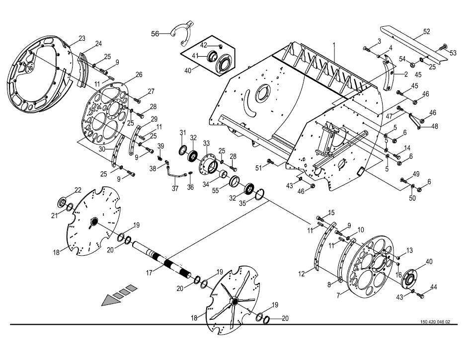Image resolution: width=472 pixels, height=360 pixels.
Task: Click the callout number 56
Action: (x=155, y=34)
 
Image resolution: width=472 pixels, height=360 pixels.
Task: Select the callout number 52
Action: (x=426, y=32)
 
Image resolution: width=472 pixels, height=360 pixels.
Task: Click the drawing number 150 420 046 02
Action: (x=435, y=322)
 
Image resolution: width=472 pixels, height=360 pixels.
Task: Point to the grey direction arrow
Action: (x=119, y=294)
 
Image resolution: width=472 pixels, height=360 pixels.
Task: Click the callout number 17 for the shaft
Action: (x=150, y=273)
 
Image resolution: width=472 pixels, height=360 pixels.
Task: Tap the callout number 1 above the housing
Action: (x=333, y=46)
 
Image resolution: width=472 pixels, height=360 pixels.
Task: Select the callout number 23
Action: (x=82, y=39)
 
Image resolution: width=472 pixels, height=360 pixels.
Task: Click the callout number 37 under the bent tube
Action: (x=175, y=189)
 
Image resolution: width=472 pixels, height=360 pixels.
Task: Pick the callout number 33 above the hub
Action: (x=206, y=143)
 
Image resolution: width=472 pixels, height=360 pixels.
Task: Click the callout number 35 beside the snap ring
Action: (x=242, y=203)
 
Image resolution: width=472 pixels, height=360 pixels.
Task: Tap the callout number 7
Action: (x=338, y=295)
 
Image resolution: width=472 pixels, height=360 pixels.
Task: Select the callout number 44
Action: (x=433, y=287)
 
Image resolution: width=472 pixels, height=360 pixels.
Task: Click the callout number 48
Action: (x=434, y=126)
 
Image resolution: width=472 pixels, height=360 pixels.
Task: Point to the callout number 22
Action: (x=78, y=190)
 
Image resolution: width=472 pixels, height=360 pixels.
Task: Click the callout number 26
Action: (x=139, y=74)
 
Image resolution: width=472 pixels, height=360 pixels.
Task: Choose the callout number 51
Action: (x=258, y=168)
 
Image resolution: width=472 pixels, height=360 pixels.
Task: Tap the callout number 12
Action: (x=302, y=274)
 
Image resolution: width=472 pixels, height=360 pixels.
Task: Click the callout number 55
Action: (x=215, y=190)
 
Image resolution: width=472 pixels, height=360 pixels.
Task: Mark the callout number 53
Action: (x=453, y=53)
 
